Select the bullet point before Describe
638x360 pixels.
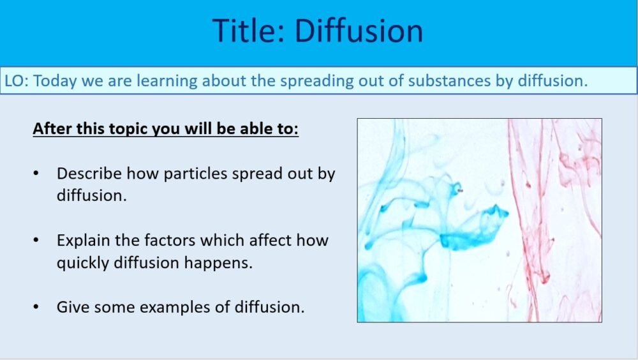[x=36, y=174]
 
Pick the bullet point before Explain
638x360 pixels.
[x=36, y=241]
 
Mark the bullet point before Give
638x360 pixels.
[x=36, y=307]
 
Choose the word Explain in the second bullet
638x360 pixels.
[x=82, y=241]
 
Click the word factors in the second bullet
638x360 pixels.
[x=165, y=241]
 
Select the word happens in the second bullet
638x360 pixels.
[x=223, y=262]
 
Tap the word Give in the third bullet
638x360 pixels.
[x=71, y=307]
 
